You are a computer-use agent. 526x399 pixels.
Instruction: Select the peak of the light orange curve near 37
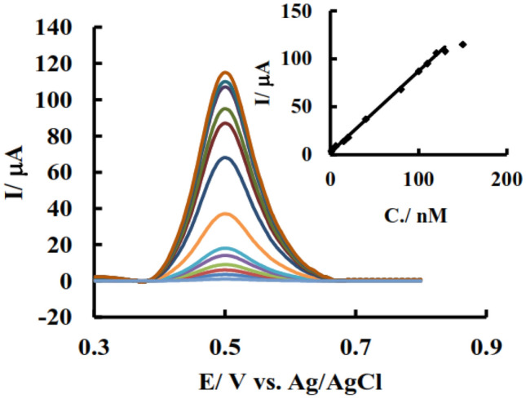pyautogui.click(x=226, y=214)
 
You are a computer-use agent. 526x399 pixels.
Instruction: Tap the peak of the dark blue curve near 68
pyautogui.click(x=226, y=157)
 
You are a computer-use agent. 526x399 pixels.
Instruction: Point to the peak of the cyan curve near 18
pyautogui.click(x=226, y=248)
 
